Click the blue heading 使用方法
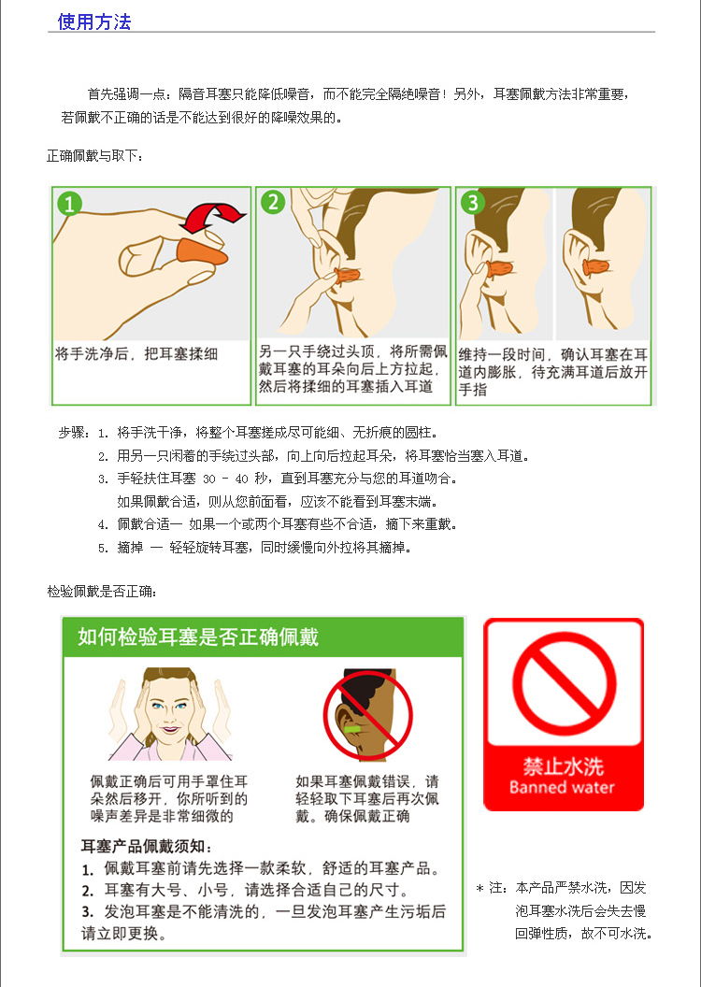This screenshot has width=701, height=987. click(94, 21)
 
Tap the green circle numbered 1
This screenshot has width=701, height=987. click(70, 204)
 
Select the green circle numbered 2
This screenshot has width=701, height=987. click(273, 202)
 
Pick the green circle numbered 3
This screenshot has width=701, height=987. click(473, 202)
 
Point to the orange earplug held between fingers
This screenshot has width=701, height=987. click(201, 250)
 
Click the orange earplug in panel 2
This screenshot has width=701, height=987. click(347, 276)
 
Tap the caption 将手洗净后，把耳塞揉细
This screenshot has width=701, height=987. click(136, 353)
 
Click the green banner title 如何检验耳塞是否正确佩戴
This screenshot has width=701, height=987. click(198, 637)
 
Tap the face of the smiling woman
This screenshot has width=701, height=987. click(170, 712)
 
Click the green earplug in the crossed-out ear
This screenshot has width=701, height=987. click(353, 729)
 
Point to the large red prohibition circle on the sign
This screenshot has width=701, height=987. click(564, 684)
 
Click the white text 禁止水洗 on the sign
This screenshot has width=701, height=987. click(564, 766)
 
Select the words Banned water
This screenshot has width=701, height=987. click(562, 788)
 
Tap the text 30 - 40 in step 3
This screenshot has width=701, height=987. click(225, 479)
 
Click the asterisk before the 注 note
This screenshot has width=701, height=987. click(479, 889)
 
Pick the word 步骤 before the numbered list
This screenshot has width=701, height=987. click(72, 433)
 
